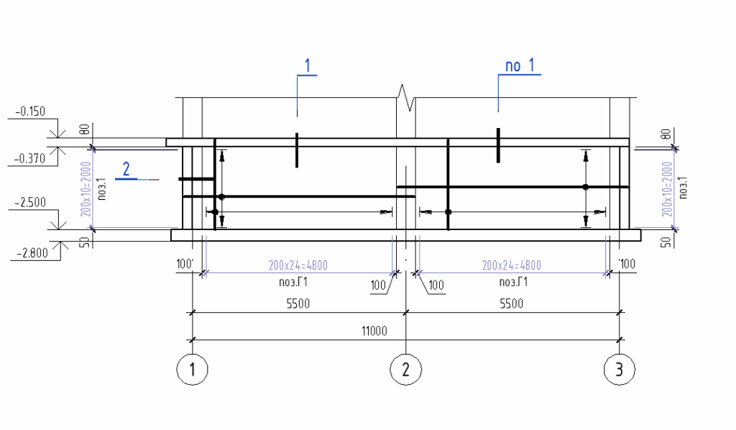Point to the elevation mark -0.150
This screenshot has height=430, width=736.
29,111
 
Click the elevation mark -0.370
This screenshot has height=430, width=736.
29,159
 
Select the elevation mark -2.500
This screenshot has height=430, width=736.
29,203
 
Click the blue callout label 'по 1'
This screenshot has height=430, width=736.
520,66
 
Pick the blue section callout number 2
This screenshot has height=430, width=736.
126,170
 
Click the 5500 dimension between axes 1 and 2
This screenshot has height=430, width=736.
298,304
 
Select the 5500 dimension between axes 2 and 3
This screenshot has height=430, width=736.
512,304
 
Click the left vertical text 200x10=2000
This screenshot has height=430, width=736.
86,188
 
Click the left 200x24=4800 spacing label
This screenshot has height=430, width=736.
298,265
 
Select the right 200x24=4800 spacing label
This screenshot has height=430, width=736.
512,265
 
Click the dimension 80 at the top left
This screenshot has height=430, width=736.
84,130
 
